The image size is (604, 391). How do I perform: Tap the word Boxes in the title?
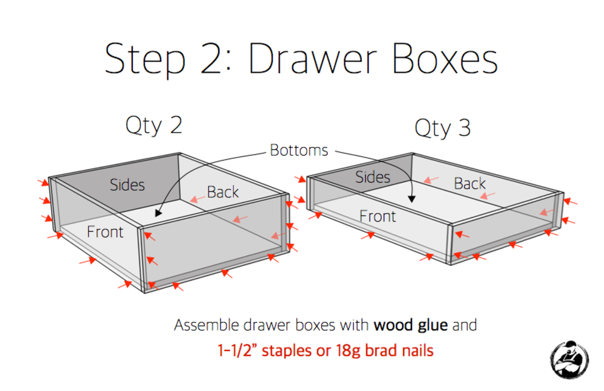[x=445, y=59]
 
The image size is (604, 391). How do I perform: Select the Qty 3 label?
[x=443, y=128]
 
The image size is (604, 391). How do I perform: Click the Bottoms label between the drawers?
[x=299, y=150]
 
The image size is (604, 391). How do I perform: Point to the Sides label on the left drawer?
[x=127, y=185]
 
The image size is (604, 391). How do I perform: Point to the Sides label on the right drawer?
[x=373, y=178]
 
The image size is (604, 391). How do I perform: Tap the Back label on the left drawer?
[x=223, y=192]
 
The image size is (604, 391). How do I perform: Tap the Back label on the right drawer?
[x=469, y=184]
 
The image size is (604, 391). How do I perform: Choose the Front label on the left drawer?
[x=105, y=232]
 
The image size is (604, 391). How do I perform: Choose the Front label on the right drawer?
[x=377, y=216]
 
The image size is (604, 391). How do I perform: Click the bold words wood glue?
[x=411, y=325]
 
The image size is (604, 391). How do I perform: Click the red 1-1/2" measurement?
[x=237, y=351]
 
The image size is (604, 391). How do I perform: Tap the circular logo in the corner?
[x=569, y=360]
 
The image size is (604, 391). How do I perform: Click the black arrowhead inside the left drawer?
[x=158, y=213]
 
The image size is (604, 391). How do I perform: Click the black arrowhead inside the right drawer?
[x=412, y=199]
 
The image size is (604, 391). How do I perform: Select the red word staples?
[x=286, y=351]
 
